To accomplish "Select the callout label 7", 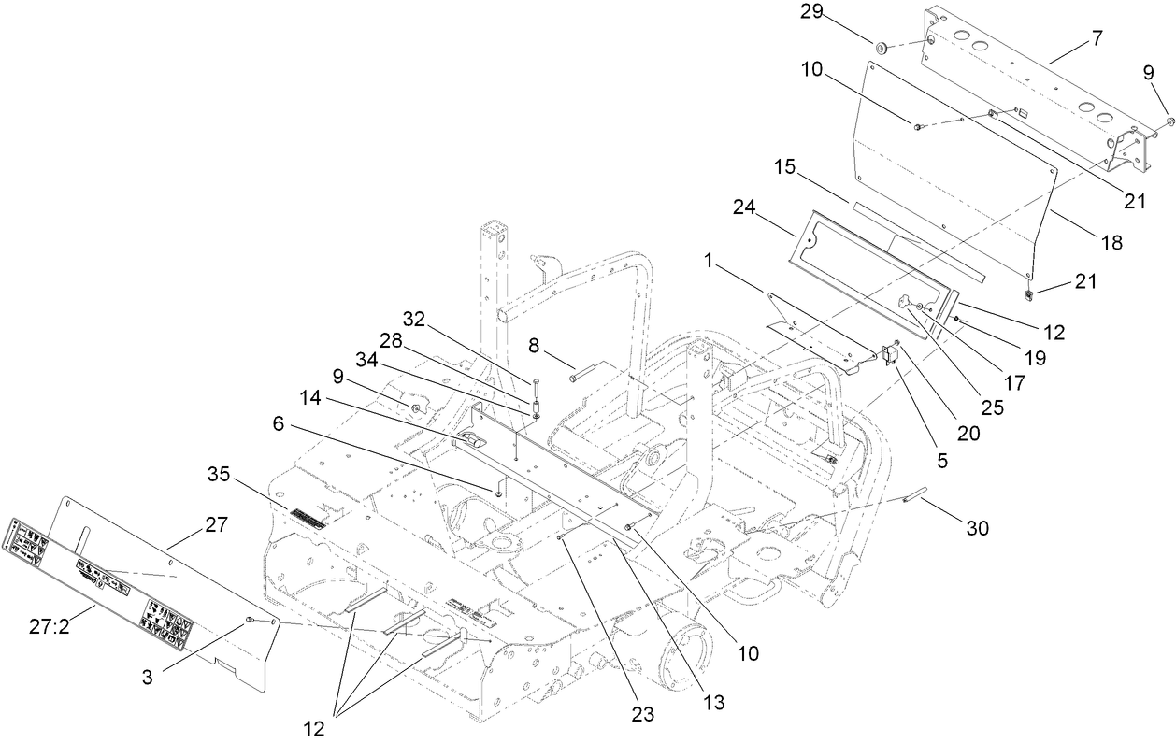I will click(x=1097, y=38).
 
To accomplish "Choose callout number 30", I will click(x=977, y=528).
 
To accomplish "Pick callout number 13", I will click(x=714, y=699).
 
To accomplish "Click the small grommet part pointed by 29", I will click(x=882, y=46).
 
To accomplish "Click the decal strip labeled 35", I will click(x=307, y=519).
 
